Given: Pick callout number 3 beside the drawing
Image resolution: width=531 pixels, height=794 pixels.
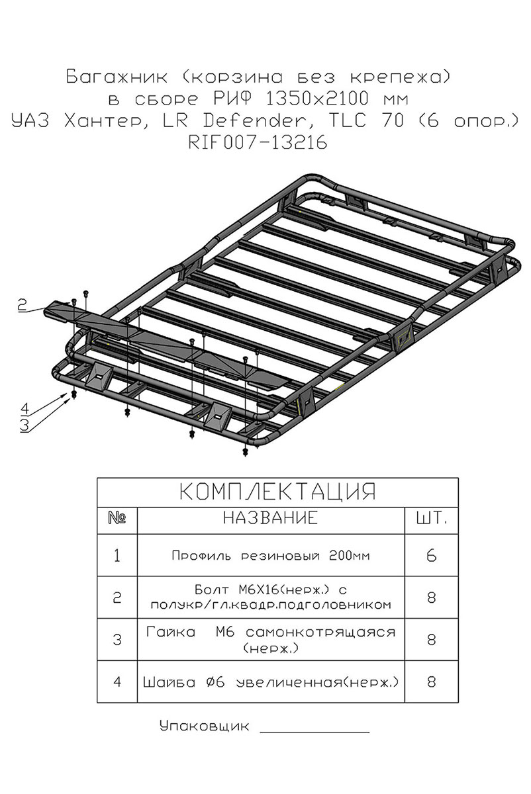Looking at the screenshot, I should (24, 425).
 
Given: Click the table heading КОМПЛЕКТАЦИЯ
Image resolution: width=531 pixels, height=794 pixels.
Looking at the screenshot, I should (277, 492).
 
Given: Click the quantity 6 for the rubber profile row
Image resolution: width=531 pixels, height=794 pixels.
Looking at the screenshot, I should (431, 555).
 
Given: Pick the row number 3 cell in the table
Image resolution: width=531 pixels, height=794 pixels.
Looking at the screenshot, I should (117, 640).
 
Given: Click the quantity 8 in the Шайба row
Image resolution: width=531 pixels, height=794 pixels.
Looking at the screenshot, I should (431, 681).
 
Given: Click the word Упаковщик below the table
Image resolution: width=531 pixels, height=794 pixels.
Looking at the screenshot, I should (205, 726).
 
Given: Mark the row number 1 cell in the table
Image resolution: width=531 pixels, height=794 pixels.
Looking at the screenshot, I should (117, 555).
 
